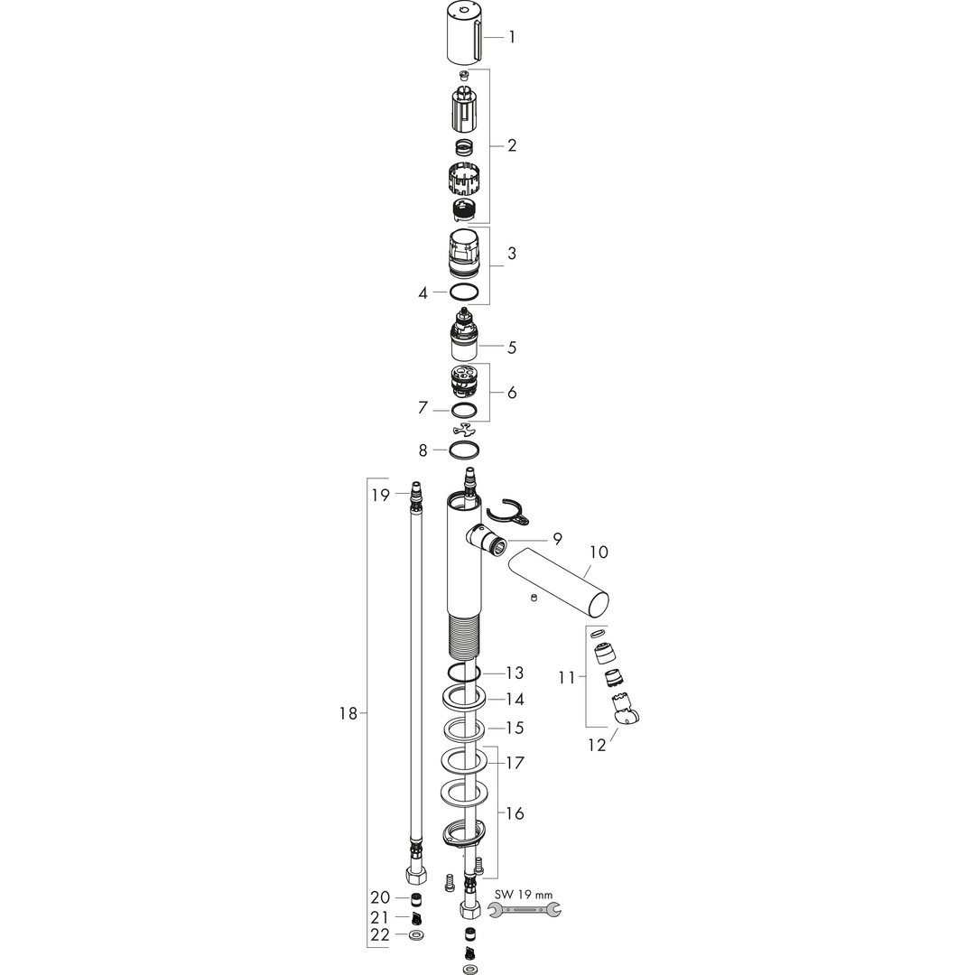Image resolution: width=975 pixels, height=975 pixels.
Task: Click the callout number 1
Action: pos(512,37)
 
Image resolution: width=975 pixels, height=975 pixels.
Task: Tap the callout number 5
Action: pos(512,347)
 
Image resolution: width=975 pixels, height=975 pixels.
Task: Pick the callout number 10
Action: pos(599,552)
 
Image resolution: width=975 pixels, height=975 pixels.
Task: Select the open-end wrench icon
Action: pos(525,910)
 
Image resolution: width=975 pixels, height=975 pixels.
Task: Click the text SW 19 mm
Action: pos(524,896)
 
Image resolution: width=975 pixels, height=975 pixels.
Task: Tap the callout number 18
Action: pos(348,714)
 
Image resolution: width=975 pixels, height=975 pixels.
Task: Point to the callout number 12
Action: pos(597,745)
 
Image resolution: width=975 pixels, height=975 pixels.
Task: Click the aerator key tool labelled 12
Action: pos(626,710)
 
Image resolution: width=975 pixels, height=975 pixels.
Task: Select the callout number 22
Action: pos(380,934)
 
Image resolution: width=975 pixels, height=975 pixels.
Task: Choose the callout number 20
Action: pos(380,897)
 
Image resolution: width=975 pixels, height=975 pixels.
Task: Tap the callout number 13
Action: pos(515,673)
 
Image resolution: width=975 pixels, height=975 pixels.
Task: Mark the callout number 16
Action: pos(515,813)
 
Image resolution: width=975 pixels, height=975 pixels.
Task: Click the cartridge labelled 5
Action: pos(464,336)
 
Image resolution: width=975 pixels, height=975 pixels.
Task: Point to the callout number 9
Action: pos(556,539)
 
